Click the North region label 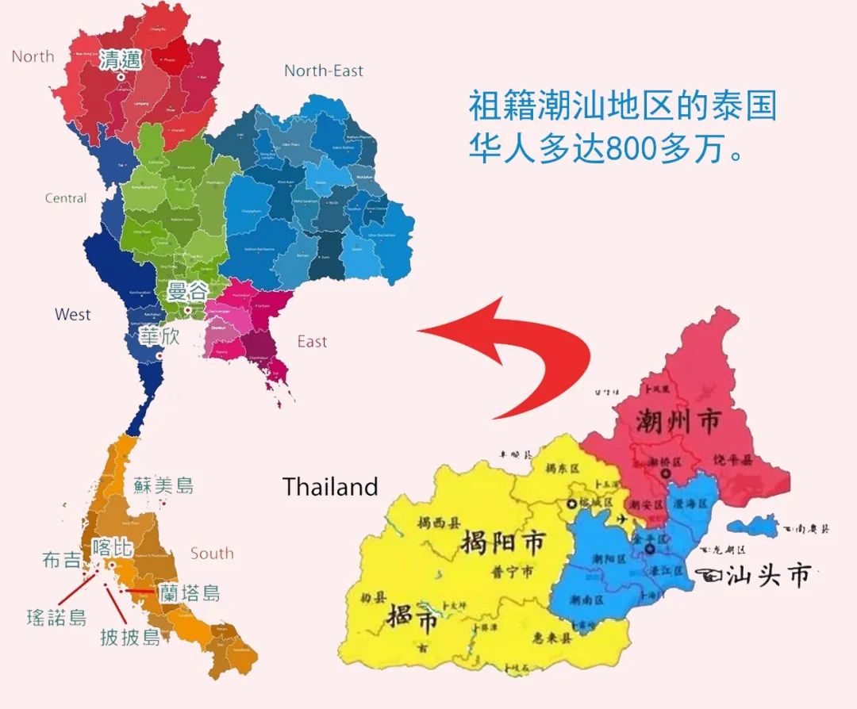tap(33, 56)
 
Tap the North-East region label tap(324, 71)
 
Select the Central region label tap(66, 197)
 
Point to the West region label tap(72, 315)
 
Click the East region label tap(312, 342)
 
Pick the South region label tap(212, 553)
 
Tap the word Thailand tap(330, 486)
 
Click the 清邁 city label tap(120, 60)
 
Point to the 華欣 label tap(159, 335)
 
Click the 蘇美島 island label tap(163, 485)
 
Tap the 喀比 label tap(111, 547)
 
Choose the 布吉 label tap(61, 560)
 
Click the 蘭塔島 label tap(189, 592)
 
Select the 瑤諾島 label tap(56, 617)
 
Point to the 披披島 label tap(130, 636)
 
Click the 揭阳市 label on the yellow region tap(502, 543)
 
